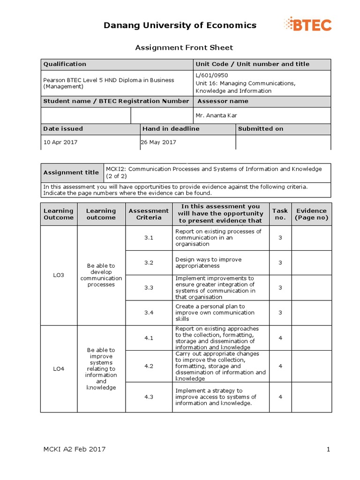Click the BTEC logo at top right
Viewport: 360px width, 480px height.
point(308,24)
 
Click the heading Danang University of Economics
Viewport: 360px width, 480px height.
point(180,25)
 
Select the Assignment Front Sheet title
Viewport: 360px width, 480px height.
point(184,47)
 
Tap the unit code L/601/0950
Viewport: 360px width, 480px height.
point(211,75)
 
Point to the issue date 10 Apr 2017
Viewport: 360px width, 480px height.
point(60,142)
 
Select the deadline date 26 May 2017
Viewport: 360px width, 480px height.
point(158,142)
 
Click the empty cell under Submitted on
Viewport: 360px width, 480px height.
point(283,142)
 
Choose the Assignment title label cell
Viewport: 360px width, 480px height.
point(71,172)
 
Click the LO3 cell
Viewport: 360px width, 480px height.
point(59,275)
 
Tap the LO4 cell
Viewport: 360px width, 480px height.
point(59,369)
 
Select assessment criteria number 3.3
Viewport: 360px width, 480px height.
point(149,288)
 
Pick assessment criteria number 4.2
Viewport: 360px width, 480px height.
point(149,366)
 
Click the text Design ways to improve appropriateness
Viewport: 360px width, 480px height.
point(208,262)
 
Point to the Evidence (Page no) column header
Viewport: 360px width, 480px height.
point(311,214)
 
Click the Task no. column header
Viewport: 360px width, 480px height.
point(280,214)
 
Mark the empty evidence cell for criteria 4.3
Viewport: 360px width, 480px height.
point(311,397)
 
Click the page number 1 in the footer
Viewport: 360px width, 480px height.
point(329,450)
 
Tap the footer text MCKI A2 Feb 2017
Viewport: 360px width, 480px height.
point(75,450)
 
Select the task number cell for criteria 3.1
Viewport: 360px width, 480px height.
point(280,238)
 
